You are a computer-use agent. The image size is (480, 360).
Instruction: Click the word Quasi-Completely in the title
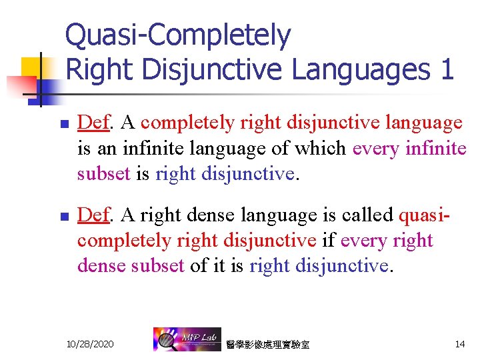[x=178, y=36]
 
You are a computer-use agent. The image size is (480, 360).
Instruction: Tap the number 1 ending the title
[x=447, y=69]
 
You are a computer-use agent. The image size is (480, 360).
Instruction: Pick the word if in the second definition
[x=329, y=240]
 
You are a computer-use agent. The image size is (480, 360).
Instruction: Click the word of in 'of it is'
[x=199, y=265]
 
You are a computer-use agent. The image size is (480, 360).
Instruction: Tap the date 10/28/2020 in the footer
[x=90, y=344]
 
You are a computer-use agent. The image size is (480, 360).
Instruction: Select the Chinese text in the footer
[x=267, y=345]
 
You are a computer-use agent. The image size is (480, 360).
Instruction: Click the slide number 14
[x=459, y=344]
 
